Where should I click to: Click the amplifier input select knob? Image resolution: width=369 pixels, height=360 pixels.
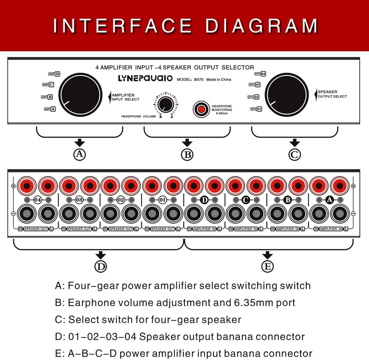point(80,94)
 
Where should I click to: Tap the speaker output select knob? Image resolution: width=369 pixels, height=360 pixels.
point(286,94)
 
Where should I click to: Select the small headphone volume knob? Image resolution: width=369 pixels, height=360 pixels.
point(166,104)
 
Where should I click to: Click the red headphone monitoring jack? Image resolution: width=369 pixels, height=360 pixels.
point(201,109)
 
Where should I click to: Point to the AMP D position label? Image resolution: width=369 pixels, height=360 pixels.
point(54,74)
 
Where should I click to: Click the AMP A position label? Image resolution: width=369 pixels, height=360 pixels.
point(50,109)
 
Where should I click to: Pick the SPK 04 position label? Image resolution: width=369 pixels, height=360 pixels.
point(260,74)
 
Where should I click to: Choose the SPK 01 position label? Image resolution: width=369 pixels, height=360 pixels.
point(256,109)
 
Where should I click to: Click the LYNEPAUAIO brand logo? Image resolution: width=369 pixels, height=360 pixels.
point(145,78)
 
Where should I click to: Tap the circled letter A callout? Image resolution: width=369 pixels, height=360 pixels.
point(80,154)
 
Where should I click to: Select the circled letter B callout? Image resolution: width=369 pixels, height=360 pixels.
point(187,154)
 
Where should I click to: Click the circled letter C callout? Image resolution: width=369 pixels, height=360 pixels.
point(294,154)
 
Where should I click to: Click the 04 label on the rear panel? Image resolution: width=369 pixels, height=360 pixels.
point(38,200)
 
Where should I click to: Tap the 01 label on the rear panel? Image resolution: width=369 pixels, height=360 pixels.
point(162,200)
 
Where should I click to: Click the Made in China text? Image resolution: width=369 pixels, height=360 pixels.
point(219,79)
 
